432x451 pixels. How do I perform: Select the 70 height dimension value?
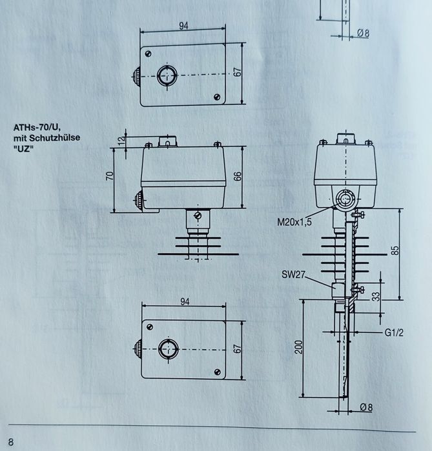coord(110,175)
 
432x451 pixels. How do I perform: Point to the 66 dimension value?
coord(238,176)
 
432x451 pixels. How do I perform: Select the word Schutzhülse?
coord(59,137)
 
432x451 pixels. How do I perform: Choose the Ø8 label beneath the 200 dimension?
coord(365,408)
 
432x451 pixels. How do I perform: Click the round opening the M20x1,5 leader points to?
coord(344,199)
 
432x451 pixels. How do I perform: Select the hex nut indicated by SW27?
coord(337,288)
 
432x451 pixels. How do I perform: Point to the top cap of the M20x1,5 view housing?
coord(346,139)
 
